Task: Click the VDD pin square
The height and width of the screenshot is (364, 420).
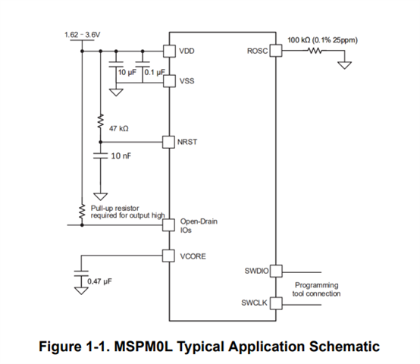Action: pos(170,51)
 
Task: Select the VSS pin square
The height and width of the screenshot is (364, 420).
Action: pos(170,81)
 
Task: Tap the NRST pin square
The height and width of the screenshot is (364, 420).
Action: pos(169,142)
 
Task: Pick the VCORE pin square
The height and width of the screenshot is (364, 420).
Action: pos(169,256)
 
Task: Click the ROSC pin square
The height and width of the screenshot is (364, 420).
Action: pos(276,50)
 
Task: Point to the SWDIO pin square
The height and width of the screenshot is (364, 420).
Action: pos(276,271)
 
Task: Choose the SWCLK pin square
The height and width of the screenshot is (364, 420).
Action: pos(276,303)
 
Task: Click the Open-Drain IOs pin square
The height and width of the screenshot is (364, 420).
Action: pos(169,225)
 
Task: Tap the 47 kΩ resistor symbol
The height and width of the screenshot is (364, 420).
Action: pos(100,121)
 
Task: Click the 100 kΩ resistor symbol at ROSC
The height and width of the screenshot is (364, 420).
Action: pos(315,50)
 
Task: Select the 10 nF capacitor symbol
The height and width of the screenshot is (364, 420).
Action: pos(100,155)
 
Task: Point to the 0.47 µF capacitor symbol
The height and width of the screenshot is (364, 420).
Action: pos(81,273)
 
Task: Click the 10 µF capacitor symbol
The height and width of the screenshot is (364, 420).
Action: pos(116,64)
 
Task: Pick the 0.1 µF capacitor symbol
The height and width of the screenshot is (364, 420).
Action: pos(143,64)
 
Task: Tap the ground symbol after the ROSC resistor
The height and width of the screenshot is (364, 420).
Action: pos(345,65)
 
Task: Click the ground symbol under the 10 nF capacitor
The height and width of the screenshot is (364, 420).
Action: pos(100,196)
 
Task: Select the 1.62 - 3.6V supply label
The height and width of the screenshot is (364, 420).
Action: pos(82,35)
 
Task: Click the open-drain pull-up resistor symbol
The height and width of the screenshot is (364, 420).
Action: pos(82,212)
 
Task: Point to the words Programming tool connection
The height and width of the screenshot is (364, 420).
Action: pos(316,289)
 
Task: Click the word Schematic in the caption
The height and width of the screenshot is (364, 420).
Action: pos(344,347)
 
